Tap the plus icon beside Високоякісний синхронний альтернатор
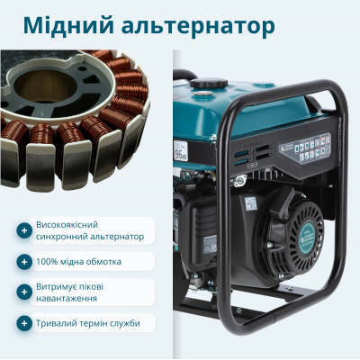coord(23,230)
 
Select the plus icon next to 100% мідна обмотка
coord(23,262)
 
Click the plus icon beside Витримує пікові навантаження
coord(23,292)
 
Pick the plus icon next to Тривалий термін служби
coord(23,323)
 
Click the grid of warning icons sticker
coord(312,147)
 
